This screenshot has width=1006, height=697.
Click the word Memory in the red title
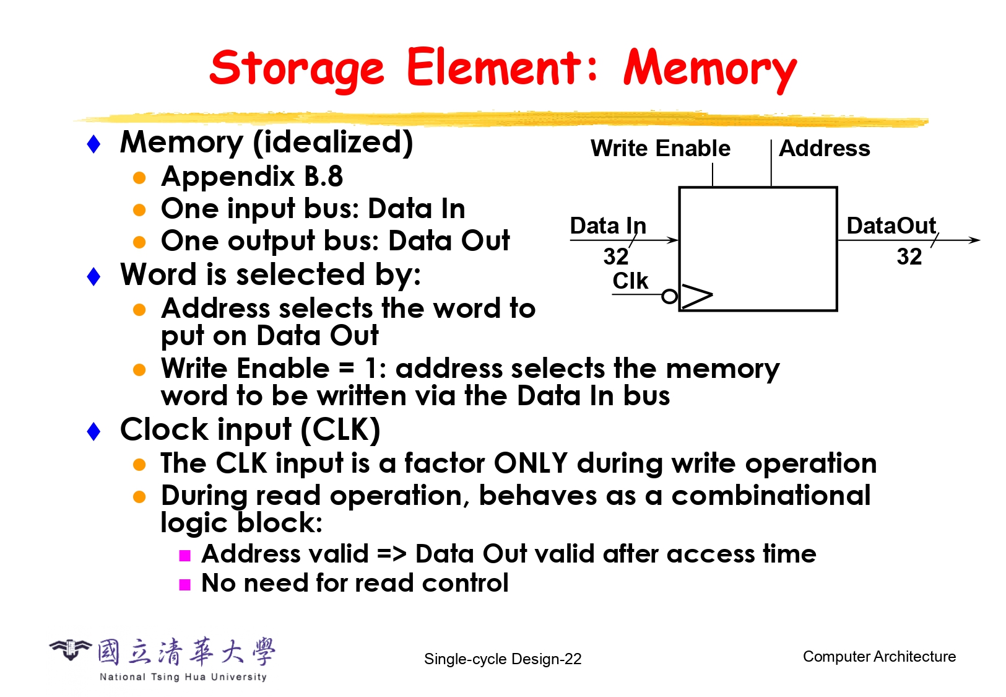(x=709, y=68)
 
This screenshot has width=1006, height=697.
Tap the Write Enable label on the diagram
(x=660, y=149)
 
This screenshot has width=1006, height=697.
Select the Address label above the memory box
(x=824, y=149)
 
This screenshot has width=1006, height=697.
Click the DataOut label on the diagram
(x=891, y=226)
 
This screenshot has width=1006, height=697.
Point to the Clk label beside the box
(x=630, y=281)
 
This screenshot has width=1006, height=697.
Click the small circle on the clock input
(x=669, y=297)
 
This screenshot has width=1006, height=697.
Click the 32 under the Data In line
(x=615, y=256)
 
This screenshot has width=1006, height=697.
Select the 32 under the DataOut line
(x=909, y=256)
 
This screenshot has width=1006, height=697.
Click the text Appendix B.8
(x=252, y=177)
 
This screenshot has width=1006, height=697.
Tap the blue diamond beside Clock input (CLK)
(x=94, y=431)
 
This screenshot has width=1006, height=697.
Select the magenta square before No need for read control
(x=184, y=584)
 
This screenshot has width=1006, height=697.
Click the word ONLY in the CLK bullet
(x=531, y=463)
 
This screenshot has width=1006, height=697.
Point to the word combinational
(x=771, y=496)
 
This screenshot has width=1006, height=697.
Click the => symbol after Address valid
(x=391, y=554)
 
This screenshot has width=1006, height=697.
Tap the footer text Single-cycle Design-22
(x=503, y=659)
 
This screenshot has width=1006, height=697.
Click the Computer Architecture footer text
(x=879, y=657)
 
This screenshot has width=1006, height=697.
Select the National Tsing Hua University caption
(x=183, y=677)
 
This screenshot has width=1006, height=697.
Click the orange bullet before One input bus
(x=139, y=210)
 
